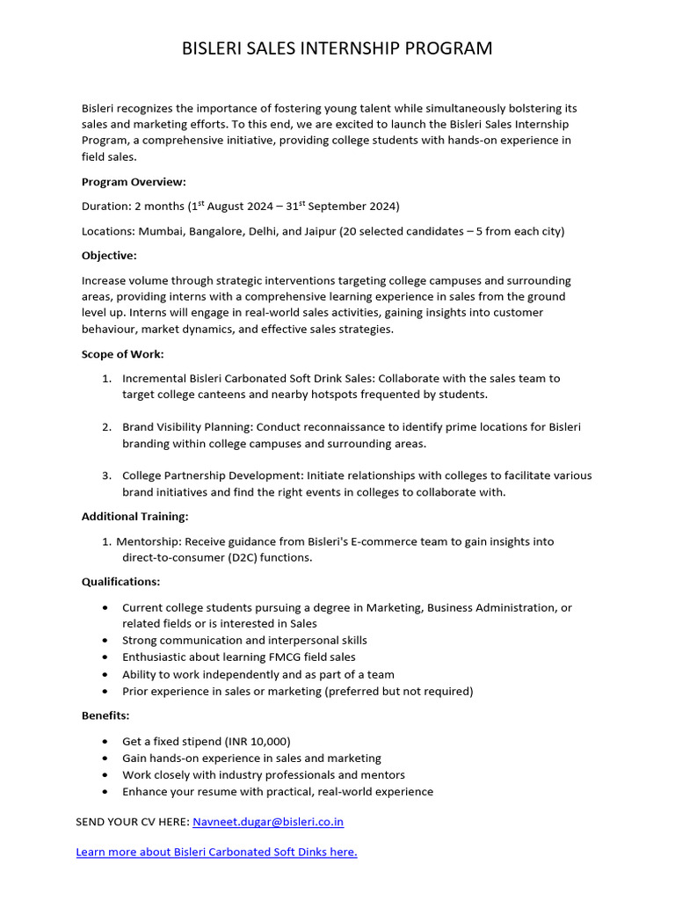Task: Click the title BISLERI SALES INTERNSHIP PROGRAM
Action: pyautogui.click(x=337, y=47)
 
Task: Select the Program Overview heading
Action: pyautogui.click(x=134, y=182)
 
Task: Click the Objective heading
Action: pyautogui.click(x=109, y=256)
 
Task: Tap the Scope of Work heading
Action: pyautogui.click(x=123, y=354)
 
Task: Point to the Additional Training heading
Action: pyautogui.click(x=134, y=517)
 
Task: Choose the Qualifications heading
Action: pyautogui.click(x=120, y=582)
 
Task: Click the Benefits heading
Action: pyautogui.click(x=105, y=716)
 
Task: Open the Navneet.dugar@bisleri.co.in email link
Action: pyautogui.click(x=268, y=822)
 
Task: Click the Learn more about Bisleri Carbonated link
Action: pyautogui.click(x=216, y=852)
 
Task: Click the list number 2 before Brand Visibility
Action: pyautogui.click(x=105, y=427)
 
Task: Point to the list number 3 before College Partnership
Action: pyautogui.click(x=105, y=475)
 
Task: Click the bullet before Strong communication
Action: pyautogui.click(x=106, y=641)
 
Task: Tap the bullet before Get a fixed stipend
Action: pyautogui.click(x=106, y=742)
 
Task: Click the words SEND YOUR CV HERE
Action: pyautogui.click(x=132, y=822)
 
